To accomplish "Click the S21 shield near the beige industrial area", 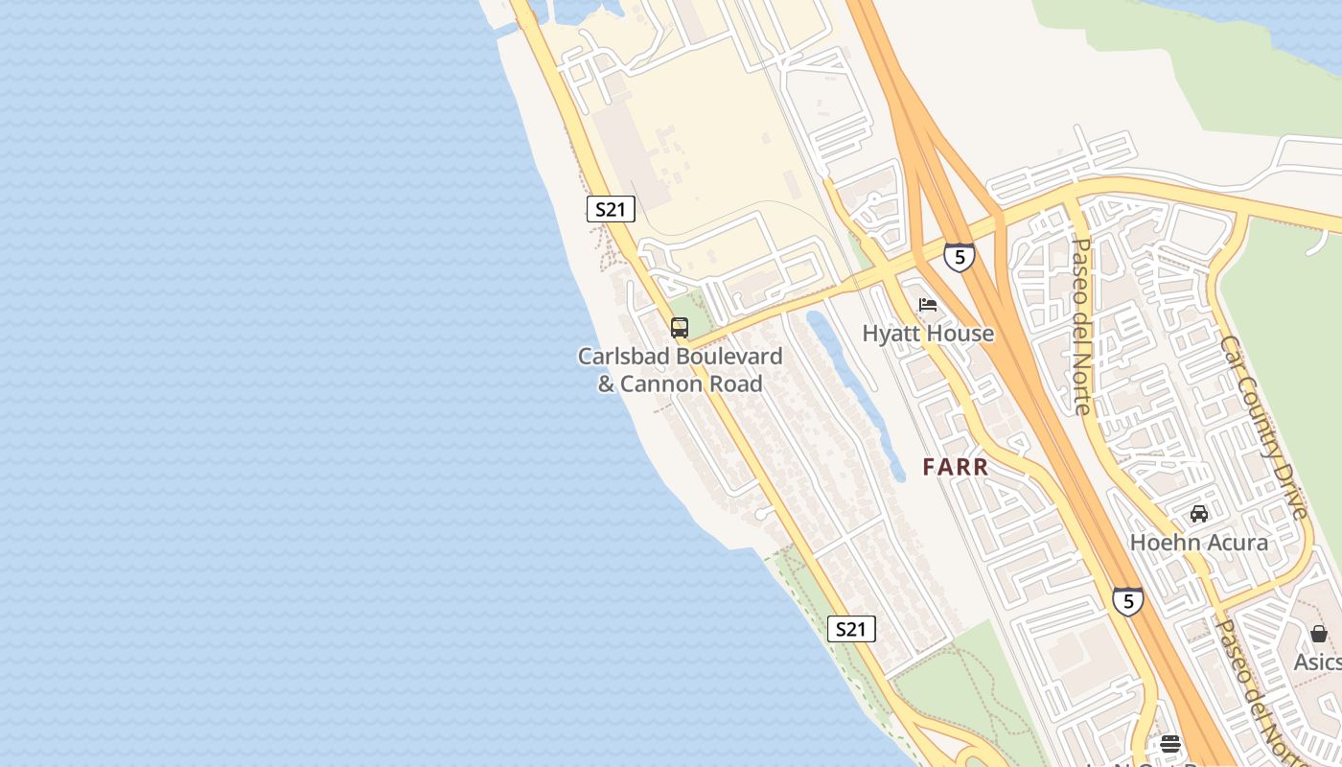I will click(610, 209).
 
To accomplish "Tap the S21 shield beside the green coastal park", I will click(850, 629).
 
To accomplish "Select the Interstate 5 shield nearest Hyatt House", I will click(959, 257).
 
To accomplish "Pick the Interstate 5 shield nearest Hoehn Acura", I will click(1127, 601).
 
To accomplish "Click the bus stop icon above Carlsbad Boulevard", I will click(680, 328).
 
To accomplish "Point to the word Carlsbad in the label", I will click(624, 357).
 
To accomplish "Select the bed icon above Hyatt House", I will click(927, 306).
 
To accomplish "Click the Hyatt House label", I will click(928, 334).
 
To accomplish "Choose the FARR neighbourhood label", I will click(955, 468).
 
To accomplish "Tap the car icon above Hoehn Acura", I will click(1199, 514).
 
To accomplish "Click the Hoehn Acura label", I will click(1198, 543).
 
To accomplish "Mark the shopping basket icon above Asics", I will click(1319, 634).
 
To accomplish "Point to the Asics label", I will click(1317, 662).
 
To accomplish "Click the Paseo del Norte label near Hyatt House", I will click(1080, 326).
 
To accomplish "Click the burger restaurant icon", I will click(1169, 744).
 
